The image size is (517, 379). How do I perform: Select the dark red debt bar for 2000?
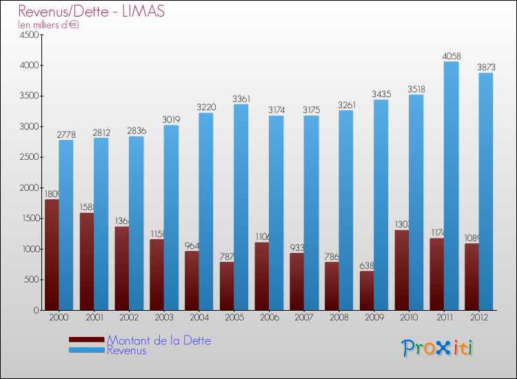[x=52, y=255]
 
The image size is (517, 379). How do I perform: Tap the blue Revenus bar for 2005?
[x=241, y=207]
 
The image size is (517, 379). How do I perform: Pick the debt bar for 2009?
[x=367, y=290]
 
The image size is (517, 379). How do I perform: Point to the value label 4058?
[x=451, y=56]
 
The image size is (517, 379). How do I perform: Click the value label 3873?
[x=486, y=68]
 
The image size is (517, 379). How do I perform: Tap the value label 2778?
[x=65, y=134]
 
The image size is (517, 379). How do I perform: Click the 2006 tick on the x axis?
[x=269, y=318]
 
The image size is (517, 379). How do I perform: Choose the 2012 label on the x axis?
[x=479, y=318]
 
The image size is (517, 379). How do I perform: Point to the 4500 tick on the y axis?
[x=28, y=35]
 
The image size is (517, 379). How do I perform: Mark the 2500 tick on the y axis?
[x=28, y=157]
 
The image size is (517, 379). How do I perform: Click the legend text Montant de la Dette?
[x=159, y=340]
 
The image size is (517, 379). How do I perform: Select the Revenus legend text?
[x=127, y=351]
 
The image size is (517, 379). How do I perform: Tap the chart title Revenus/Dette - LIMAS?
[x=91, y=12]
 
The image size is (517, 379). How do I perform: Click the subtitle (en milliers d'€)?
[x=49, y=25]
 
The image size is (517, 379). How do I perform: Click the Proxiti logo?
[x=437, y=348]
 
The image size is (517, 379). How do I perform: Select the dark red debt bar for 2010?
[x=402, y=269]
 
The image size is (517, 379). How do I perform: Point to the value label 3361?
[x=241, y=99]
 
